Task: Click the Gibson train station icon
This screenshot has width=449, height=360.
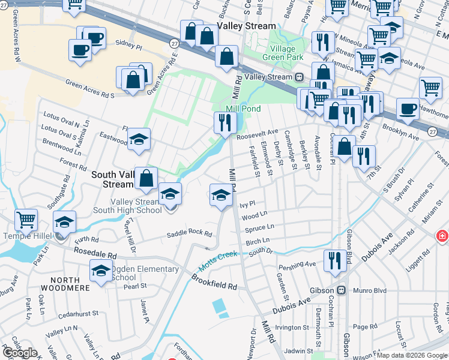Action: click(x=342, y=290)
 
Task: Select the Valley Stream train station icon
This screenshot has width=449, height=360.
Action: click(x=298, y=77)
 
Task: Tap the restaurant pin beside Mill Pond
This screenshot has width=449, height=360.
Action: click(x=224, y=123)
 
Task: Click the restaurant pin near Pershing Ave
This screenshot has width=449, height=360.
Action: click(x=334, y=260)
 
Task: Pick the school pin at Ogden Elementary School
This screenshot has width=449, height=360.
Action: click(x=101, y=271)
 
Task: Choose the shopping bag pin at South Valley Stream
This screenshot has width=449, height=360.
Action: click(x=146, y=178)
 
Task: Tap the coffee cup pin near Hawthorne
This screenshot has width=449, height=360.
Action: click(x=408, y=109)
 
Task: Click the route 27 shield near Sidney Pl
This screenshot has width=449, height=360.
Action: click(x=173, y=44)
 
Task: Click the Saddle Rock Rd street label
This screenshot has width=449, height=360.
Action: click(x=190, y=234)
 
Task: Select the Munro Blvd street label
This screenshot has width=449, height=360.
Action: click(x=369, y=290)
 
